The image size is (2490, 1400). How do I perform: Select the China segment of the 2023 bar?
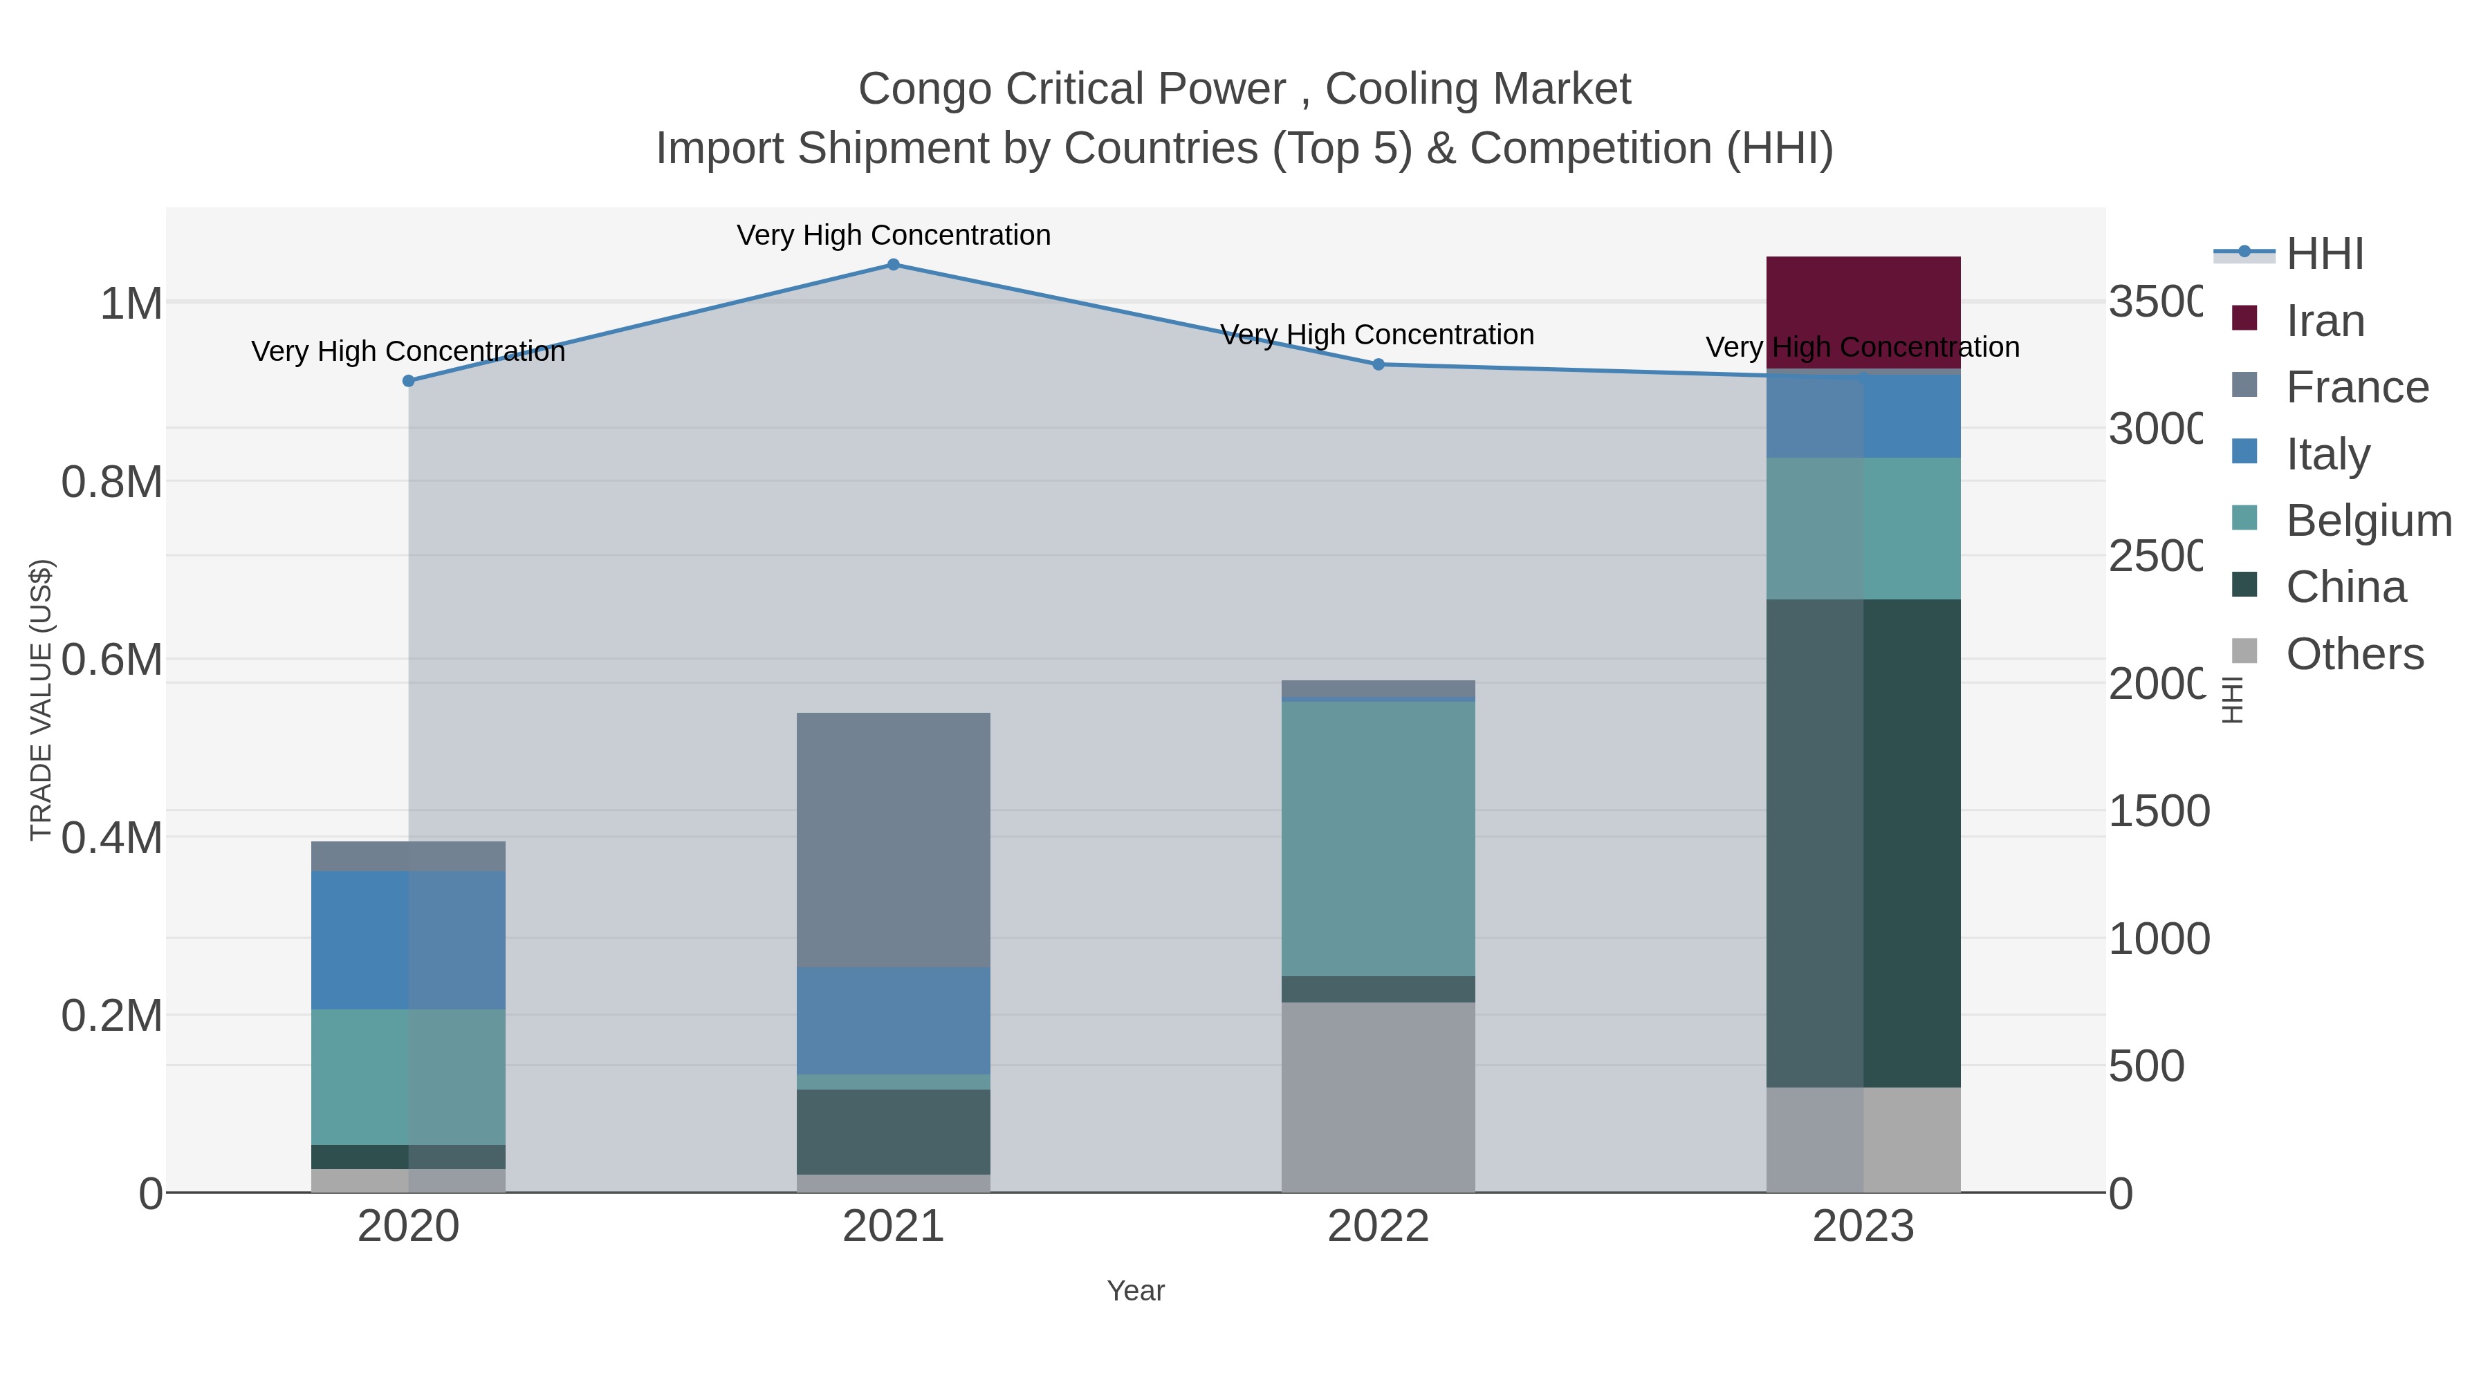click(1863, 843)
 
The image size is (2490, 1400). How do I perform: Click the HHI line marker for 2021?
click(893, 265)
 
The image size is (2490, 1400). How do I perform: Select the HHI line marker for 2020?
click(408, 381)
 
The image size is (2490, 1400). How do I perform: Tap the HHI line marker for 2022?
click(1378, 364)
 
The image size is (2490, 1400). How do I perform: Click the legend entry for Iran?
click(2324, 321)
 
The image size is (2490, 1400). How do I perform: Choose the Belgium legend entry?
click(2368, 521)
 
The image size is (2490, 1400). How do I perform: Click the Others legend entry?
click(2354, 654)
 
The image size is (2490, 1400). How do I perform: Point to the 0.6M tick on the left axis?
click(112, 661)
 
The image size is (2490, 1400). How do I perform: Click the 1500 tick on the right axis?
click(2157, 812)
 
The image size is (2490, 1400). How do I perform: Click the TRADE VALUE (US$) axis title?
click(41, 700)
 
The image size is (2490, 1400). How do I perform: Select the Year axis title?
click(1136, 1291)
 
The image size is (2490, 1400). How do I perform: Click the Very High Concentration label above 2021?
click(893, 235)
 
